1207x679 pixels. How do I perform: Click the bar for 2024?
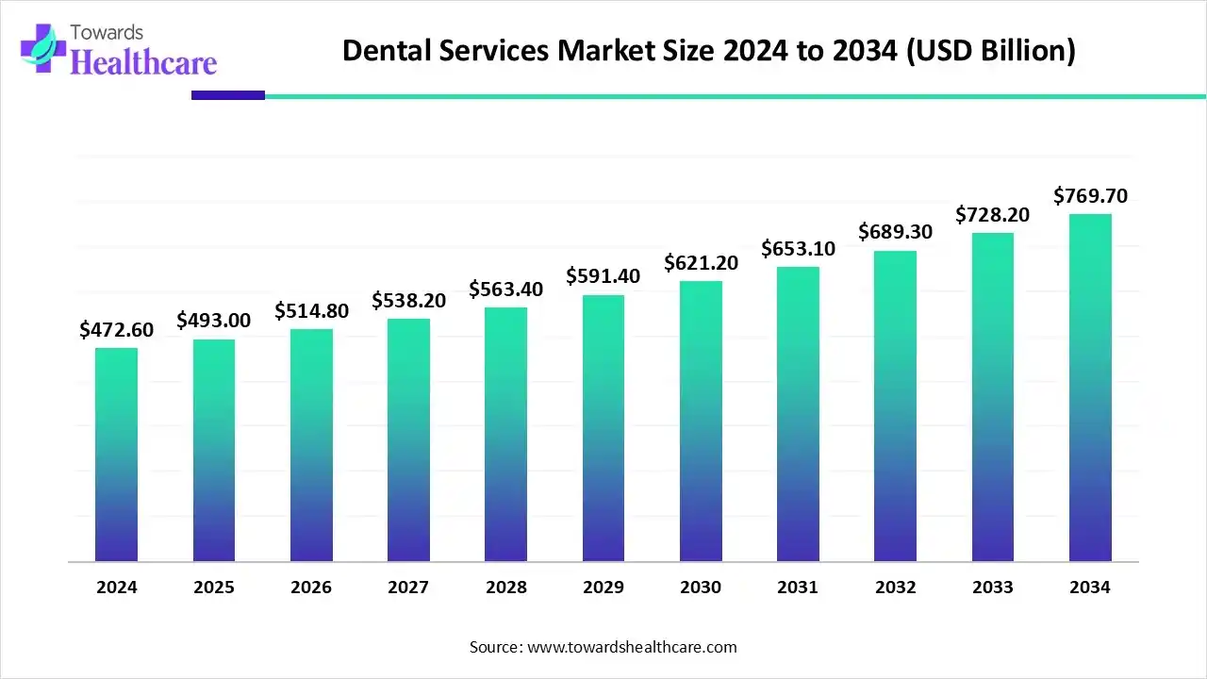[116, 455]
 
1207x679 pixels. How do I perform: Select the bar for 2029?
[603, 428]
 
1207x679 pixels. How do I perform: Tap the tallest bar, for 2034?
[1090, 388]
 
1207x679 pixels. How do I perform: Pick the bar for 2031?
[798, 414]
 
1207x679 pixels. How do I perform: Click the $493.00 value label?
[214, 321]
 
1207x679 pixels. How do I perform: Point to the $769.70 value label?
[1090, 196]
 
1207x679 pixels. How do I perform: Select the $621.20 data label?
[701, 263]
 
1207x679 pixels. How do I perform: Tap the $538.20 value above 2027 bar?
[408, 300]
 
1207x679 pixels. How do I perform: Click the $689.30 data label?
[895, 231]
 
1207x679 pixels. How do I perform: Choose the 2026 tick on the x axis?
[311, 588]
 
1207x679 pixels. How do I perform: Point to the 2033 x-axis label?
[992, 588]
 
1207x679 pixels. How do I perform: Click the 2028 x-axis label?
[506, 588]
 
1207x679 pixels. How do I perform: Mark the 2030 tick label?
[701, 588]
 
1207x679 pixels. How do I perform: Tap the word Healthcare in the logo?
[143, 62]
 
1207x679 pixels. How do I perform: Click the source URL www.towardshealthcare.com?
[630, 647]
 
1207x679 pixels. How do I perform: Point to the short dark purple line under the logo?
[227, 95]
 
